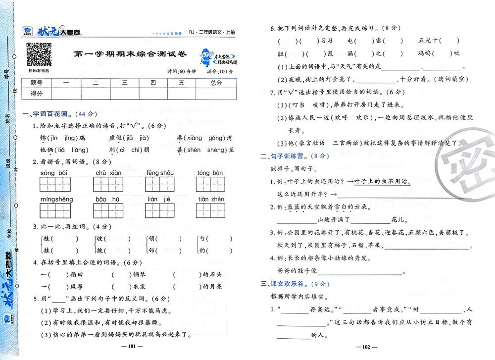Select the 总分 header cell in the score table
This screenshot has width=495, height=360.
[216, 82]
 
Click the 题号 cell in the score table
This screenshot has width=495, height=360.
[37, 82]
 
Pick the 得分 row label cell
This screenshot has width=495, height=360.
[37, 93]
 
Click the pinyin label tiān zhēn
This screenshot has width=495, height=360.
[211, 199]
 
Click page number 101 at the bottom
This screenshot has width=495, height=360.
[132, 347]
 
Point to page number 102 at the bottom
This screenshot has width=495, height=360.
[367, 347]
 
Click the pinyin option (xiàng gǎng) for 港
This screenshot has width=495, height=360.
[203, 137]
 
